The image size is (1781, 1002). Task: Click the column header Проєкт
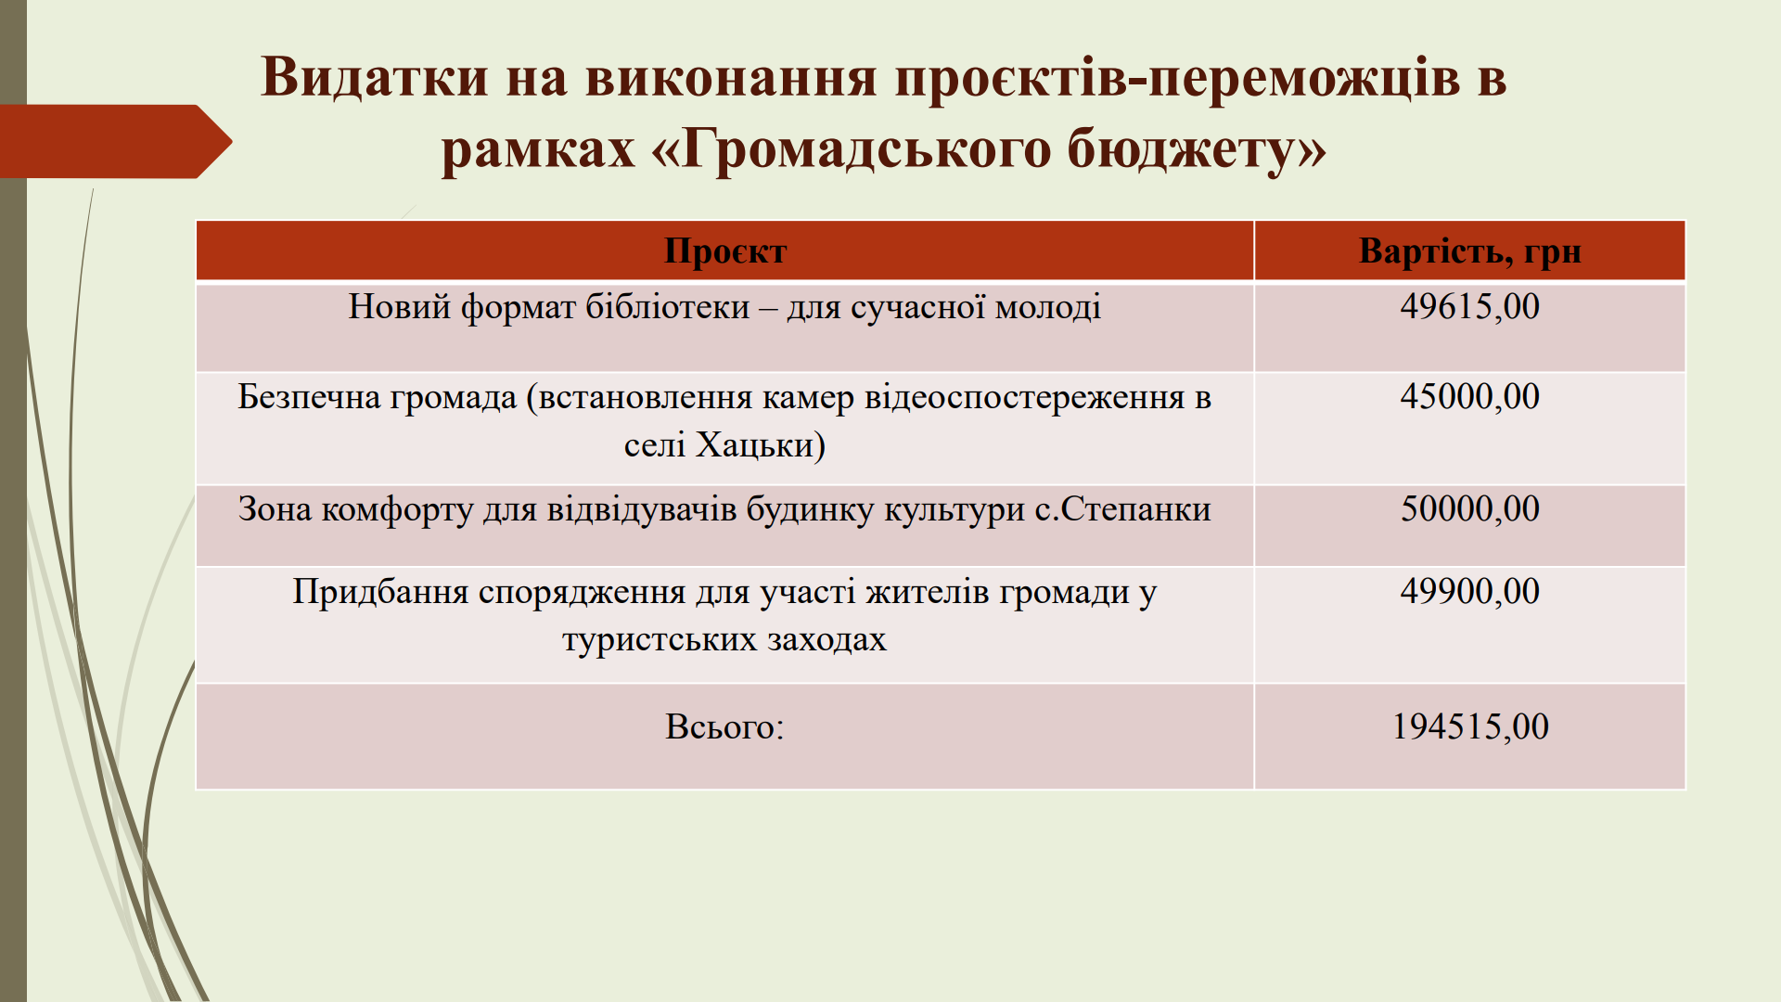coord(725,251)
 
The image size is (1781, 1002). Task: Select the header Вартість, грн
coord(1470,251)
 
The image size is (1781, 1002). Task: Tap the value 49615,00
coord(1470,306)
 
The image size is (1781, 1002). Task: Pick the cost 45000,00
coord(1470,396)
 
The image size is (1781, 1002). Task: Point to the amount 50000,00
coord(1470,508)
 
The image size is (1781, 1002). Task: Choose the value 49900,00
coord(1470,591)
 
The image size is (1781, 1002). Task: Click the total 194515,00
coord(1470,726)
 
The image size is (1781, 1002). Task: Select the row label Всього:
coord(724,726)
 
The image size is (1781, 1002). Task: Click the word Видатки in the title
coord(375,76)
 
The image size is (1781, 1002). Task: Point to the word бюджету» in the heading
coord(1197,148)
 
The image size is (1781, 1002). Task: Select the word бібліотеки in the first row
coord(667,306)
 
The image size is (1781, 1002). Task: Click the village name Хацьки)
coord(761,445)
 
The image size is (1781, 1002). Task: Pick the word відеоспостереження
coord(1024,398)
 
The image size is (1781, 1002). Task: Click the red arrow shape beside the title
coord(116,141)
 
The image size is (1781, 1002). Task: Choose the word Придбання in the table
coord(380,592)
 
